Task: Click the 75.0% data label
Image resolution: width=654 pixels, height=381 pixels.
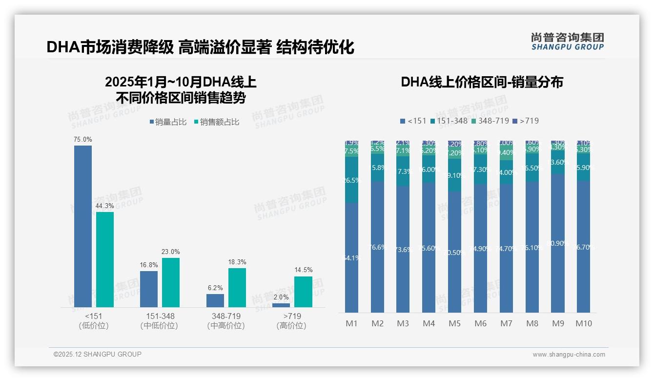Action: pyautogui.click(x=83, y=140)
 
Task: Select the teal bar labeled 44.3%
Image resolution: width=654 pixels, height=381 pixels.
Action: pyautogui.click(x=105, y=259)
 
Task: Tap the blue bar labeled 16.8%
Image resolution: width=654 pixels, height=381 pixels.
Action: pyautogui.click(x=149, y=289)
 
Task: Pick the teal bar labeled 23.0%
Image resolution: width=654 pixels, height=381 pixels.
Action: pyautogui.click(x=171, y=282)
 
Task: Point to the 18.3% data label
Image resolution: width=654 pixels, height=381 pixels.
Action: pyautogui.click(x=237, y=262)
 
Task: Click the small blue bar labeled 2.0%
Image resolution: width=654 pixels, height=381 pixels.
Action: pyautogui.click(x=281, y=305)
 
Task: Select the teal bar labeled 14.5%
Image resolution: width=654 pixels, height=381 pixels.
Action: pyautogui.click(x=303, y=292)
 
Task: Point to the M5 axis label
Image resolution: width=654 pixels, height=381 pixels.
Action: pyautogui.click(x=454, y=323)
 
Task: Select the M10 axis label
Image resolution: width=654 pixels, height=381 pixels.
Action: pyautogui.click(x=583, y=323)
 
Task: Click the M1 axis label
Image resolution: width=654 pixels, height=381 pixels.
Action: pyautogui.click(x=352, y=323)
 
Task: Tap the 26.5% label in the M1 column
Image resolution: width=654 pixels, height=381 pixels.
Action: pyautogui.click(x=352, y=180)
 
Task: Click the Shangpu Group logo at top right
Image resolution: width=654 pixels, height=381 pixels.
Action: pyautogui.click(x=567, y=42)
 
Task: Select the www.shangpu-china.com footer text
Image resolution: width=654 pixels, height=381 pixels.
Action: pyautogui.click(x=569, y=355)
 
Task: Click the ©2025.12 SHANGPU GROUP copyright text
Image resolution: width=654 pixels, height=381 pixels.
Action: pyautogui.click(x=98, y=354)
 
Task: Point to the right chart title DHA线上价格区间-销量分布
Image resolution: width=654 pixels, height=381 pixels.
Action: pyautogui.click(x=482, y=82)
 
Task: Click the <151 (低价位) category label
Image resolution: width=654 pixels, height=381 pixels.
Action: pyautogui.click(x=94, y=321)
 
